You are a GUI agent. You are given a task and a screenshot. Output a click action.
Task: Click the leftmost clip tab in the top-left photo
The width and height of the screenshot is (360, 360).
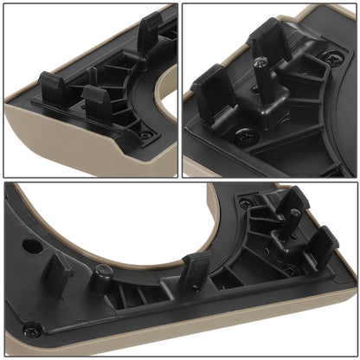[x=53, y=87]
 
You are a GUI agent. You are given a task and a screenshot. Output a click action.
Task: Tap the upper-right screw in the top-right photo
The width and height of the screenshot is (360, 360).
[x=333, y=59]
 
